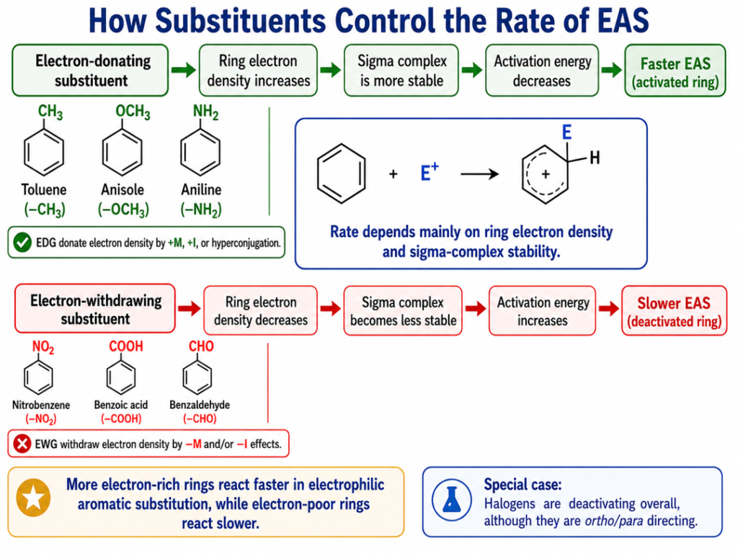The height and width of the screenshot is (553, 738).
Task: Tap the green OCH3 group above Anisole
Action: (x=133, y=112)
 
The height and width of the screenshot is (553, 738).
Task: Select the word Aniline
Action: (x=201, y=189)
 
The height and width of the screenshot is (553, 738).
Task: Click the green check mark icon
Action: (x=22, y=243)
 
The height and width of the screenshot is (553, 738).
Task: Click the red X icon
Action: (x=22, y=444)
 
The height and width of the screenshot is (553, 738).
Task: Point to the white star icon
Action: (x=33, y=498)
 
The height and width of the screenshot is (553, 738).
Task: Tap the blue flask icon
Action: (x=452, y=500)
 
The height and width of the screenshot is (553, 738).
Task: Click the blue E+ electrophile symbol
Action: (x=430, y=172)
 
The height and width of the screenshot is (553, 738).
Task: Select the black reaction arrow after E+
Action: (x=479, y=174)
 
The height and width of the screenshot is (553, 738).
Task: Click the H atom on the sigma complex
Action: (x=595, y=158)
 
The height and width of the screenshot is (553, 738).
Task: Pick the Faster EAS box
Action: (x=675, y=71)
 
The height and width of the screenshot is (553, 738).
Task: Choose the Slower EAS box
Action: (x=674, y=310)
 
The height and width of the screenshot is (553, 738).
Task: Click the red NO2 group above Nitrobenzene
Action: (x=43, y=347)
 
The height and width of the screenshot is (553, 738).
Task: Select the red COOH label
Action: (x=125, y=346)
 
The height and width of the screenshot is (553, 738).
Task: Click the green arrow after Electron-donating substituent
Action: (x=184, y=70)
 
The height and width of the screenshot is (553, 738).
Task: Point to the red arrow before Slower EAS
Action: (x=609, y=308)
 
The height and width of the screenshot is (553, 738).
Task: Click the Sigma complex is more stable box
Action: (x=401, y=71)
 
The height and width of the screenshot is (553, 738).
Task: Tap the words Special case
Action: (x=523, y=485)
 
